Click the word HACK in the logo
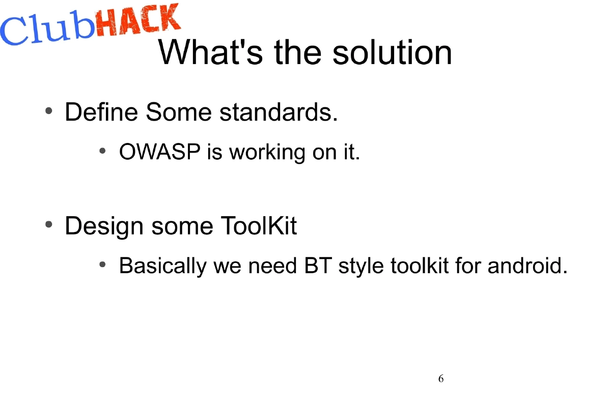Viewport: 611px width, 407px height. point(137,23)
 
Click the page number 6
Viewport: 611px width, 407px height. point(440,379)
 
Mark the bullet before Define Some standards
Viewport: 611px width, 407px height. point(49,111)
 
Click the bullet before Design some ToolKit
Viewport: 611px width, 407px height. point(49,224)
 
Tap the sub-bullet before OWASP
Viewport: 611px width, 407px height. point(102,151)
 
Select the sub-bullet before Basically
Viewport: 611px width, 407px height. point(102,265)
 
